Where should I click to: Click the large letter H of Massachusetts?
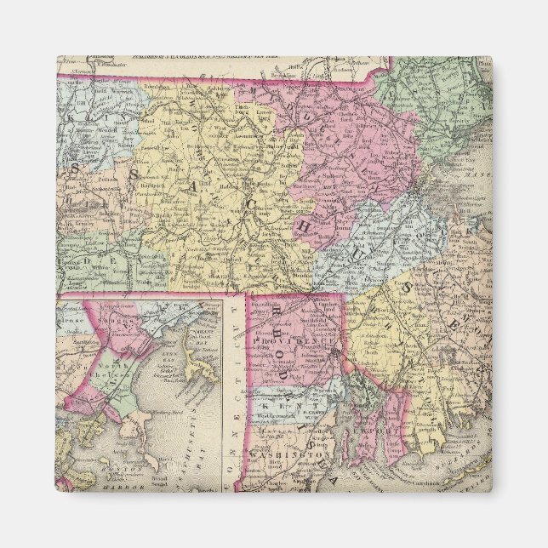pyautogui.click(x=302, y=225)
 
